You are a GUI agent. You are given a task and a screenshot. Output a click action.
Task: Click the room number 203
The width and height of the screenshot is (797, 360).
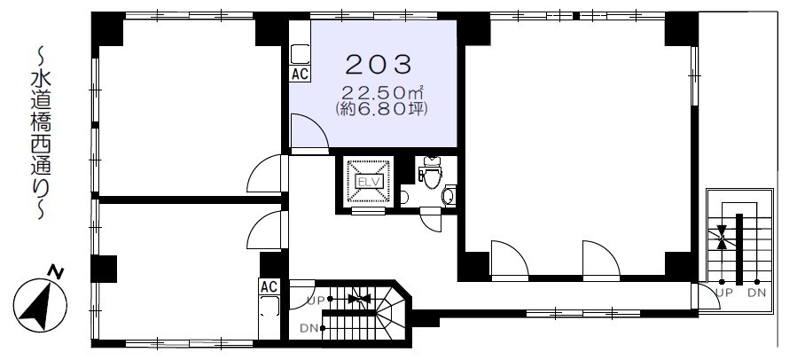pos(379,65)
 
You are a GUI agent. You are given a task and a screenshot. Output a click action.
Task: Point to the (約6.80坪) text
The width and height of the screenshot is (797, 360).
pos(380,109)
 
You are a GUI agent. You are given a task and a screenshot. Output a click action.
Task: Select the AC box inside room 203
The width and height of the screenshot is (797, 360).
pos(300,74)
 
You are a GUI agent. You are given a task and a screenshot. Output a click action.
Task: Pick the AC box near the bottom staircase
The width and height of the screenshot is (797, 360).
pos(269,286)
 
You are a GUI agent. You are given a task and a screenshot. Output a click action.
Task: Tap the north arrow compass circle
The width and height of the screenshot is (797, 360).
pos(40,306)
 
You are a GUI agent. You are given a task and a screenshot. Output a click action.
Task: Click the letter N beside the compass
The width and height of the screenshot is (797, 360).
pos(57,272)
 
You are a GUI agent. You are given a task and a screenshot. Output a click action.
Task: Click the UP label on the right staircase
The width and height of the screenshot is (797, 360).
pos(723,293)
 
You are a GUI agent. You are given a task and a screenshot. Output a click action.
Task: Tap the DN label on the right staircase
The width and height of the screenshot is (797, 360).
pos(757,293)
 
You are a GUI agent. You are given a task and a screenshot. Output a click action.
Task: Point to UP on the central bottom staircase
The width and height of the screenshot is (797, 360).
pos(315,301)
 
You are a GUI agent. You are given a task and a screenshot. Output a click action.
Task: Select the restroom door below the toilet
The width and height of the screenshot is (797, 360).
pos(430,221)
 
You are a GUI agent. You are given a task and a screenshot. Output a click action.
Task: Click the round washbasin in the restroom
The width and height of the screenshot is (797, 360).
pos(449,195)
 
